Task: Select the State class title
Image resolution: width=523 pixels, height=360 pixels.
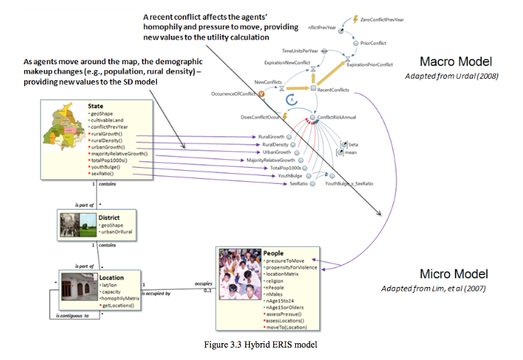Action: (94, 106)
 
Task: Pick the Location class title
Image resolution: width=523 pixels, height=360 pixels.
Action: (112, 277)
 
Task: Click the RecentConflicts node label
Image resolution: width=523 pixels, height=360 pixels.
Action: (332, 89)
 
